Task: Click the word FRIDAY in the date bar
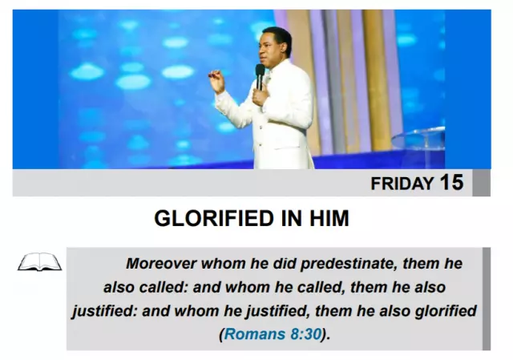[x=402, y=184]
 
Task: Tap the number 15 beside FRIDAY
[x=452, y=182]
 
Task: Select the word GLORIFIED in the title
[x=214, y=219]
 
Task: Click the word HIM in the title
[x=329, y=219]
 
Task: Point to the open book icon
[x=39, y=262]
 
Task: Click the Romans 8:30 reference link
[x=273, y=334]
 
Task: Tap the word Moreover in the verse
[x=161, y=264]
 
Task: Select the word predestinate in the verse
[x=349, y=264]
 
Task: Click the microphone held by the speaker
[x=260, y=77]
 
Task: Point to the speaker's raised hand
[x=216, y=81]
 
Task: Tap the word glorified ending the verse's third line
[x=446, y=311]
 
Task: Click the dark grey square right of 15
[x=481, y=183]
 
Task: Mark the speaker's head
[x=276, y=47]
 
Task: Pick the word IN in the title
[x=291, y=219]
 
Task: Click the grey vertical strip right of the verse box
[x=487, y=299]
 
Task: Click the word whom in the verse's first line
[x=223, y=264]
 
